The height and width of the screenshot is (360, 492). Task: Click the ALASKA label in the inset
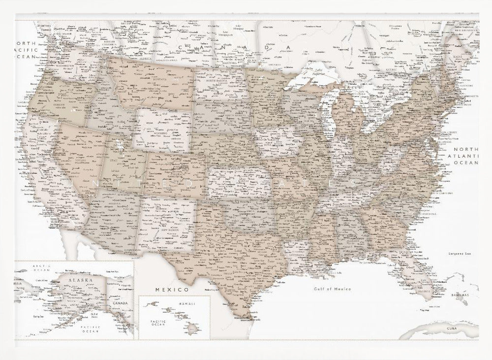(x=80, y=280)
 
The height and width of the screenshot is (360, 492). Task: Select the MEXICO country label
(x=172, y=289)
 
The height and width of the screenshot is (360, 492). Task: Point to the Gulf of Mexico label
(x=333, y=289)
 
